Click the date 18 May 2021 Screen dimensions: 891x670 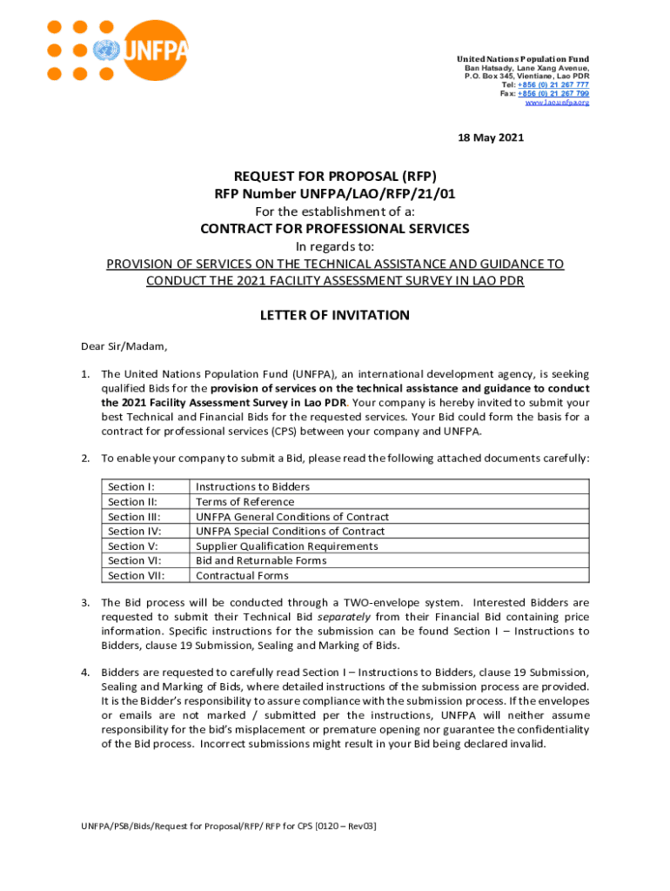click(x=491, y=137)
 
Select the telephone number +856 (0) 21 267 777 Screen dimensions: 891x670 click(x=553, y=84)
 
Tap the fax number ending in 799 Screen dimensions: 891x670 click(x=553, y=93)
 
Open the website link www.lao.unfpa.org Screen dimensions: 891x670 click(x=557, y=102)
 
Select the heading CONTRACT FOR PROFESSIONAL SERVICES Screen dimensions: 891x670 click(x=335, y=229)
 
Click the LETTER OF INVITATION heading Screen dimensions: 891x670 click(x=335, y=315)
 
